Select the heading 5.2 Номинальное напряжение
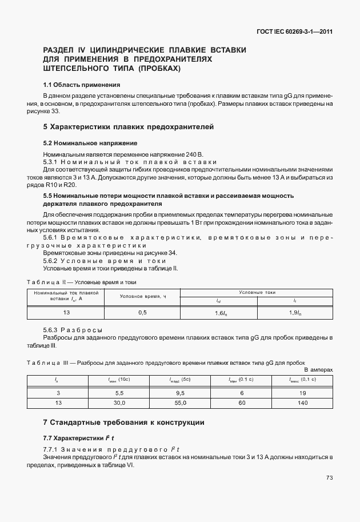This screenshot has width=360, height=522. click(90, 142)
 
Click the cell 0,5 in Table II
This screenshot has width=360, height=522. click(143, 312)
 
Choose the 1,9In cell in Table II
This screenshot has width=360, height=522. click(295, 312)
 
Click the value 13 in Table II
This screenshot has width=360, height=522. click(66, 312)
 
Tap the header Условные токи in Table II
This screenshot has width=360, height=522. click(257, 292)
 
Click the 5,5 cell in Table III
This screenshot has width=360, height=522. click(119, 393)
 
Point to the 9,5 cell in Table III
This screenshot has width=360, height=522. click(180, 393)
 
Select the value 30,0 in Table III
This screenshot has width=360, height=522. click(119, 403)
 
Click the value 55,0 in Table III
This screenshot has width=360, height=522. click(180, 403)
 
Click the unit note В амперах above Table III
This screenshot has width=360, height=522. click(318, 370)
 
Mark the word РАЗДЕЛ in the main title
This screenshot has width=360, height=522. click(61, 50)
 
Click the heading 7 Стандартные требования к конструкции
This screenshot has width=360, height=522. click(123, 423)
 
